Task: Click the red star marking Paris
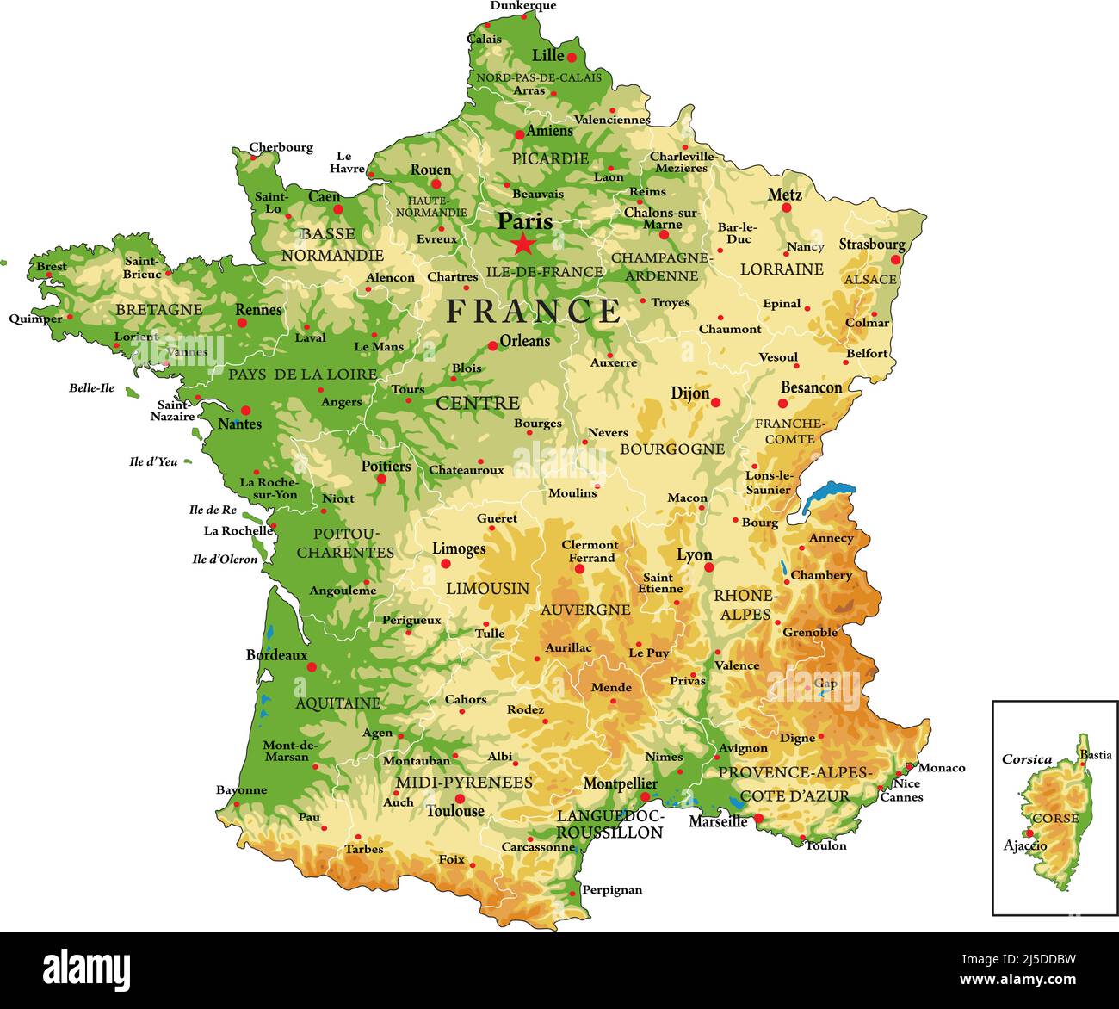point(522,245)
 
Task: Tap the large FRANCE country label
point(533,311)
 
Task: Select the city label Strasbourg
point(872,245)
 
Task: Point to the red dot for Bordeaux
point(312,666)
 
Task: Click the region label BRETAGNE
point(159,309)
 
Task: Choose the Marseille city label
point(718,821)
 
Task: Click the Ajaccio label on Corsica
point(1025,845)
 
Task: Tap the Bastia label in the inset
point(1096,755)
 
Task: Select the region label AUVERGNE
point(585,610)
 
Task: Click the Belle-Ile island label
point(91,388)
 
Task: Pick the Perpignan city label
point(612,890)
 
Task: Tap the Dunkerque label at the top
point(523,6)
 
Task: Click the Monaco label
point(942,768)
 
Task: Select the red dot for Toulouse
point(460,799)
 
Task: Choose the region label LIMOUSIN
point(487,588)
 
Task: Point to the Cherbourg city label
point(281,147)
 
